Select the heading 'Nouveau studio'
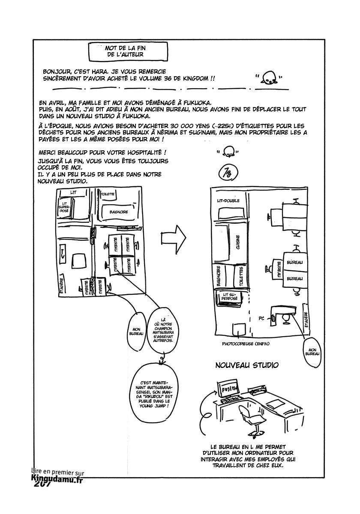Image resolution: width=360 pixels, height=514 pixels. click(247, 365)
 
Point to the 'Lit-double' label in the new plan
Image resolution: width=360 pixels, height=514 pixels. click(228, 200)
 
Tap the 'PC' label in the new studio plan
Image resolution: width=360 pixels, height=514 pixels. click(261, 319)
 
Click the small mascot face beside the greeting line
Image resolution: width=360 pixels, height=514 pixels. click(270, 78)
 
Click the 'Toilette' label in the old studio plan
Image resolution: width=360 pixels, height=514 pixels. click(107, 194)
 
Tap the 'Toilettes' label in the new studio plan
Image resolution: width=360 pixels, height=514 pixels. click(241, 277)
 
